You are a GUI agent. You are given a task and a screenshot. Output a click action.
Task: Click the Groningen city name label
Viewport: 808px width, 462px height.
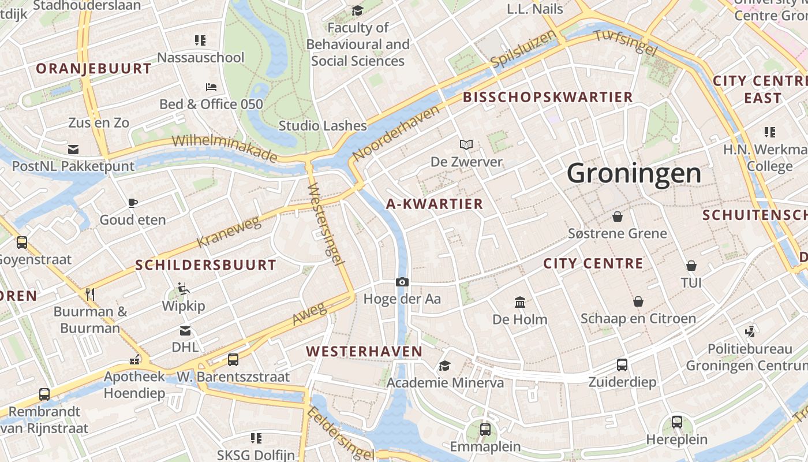click(634, 173)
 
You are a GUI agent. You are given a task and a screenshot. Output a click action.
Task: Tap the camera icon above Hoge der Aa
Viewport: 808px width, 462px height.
click(402, 282)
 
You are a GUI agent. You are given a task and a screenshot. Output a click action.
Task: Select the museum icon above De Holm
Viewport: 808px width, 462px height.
click(520, 302)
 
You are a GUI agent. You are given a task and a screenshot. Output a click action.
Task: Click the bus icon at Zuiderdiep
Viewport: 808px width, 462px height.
click(622, 365)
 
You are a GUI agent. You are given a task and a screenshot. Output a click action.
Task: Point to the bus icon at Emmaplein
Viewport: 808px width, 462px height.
click(485, 429)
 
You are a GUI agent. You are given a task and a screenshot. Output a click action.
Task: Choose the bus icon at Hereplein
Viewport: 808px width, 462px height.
click(677, 422)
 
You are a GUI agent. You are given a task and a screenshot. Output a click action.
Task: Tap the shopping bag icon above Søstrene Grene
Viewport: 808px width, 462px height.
click(618, 217)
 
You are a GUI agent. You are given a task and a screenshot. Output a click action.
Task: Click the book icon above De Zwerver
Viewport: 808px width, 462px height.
click(466, 144)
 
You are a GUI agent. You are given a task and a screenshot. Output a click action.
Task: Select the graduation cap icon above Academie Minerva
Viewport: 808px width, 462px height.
click(444, 366)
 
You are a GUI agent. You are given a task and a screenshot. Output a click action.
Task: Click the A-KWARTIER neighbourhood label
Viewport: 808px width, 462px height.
click(435, 204)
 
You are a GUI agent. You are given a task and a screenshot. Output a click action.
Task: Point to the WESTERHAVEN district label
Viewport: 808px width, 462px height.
click(364, 351)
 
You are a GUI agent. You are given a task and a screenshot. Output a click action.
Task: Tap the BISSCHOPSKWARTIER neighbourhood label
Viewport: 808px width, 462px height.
click(548, 97)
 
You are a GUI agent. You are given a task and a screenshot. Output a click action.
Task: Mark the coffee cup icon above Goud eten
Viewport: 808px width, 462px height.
click(133, 203)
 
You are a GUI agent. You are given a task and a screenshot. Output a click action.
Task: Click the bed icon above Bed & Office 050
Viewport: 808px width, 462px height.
click(211, 87)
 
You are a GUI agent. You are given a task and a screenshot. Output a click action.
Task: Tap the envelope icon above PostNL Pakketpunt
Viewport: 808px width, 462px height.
click(73, 149)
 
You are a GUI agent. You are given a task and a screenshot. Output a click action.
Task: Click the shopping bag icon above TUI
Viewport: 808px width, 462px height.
click(691, 266)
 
